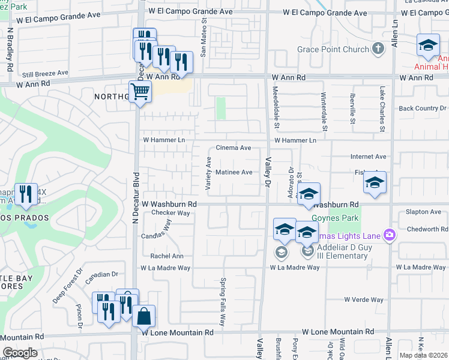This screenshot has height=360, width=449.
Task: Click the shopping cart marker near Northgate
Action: point(139,92)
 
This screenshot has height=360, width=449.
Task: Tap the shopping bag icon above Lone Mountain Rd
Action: point(144,316)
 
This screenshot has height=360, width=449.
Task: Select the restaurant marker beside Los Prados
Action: point(25,193)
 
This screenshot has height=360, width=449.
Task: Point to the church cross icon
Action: point(378,49)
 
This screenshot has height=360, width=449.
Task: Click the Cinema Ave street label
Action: point(233,148)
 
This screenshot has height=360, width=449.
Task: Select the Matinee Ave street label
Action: point(234,172)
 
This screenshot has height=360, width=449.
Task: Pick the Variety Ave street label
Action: point(209,174)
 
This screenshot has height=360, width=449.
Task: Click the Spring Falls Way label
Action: point(223,302)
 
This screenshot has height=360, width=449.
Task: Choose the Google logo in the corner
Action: point(19,353)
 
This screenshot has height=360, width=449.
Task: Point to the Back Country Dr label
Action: point(422,109)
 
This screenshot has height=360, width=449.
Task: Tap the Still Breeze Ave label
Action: point(46,73)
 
